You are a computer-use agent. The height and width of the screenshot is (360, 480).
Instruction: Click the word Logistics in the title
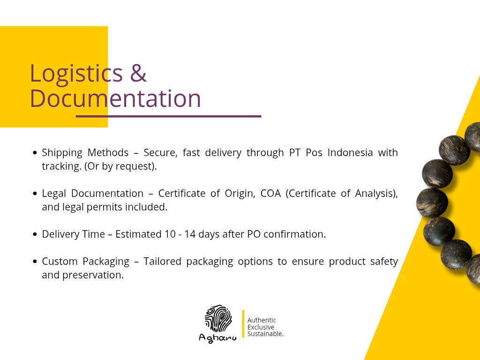[76, 74]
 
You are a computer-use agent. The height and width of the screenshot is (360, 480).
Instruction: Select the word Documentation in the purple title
[115, 98]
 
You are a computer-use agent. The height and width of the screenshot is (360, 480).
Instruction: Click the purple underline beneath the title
[168, 116]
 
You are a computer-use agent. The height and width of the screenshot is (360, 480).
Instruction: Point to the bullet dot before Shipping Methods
[35, 153]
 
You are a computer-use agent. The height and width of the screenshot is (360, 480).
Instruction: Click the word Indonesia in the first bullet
[350, 152]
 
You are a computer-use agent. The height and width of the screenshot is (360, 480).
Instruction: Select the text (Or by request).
[120, 166]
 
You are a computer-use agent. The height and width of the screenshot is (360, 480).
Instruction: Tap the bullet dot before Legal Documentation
[35, 194]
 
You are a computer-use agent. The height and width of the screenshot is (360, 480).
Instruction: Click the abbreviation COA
[270, 194]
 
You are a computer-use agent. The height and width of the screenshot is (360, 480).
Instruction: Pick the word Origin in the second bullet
[240, 194]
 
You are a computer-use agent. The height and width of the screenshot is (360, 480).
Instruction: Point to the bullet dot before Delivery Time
[35, 234]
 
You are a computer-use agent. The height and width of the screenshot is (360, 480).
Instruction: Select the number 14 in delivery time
[190, 234]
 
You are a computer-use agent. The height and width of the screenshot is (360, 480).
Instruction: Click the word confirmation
[294, 234]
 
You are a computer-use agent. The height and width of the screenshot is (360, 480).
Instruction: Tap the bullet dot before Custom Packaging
[35, 262]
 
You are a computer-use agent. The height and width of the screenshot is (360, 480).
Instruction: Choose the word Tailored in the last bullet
[162, 262]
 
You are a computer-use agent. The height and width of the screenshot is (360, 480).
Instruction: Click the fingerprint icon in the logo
[218, 318]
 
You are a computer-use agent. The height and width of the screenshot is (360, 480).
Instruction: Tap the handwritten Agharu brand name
[217, 338]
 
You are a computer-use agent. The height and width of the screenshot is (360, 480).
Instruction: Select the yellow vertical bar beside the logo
[243, 324]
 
